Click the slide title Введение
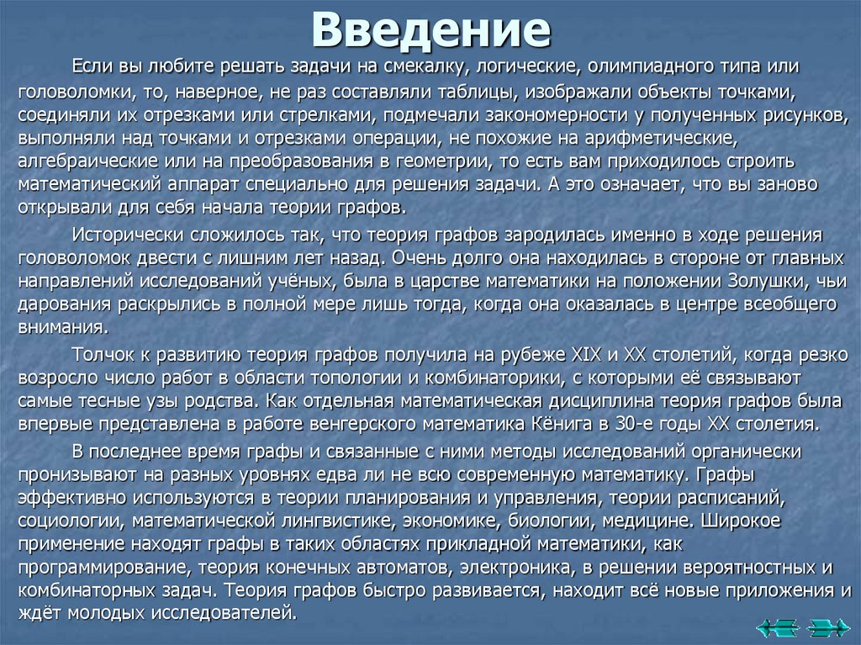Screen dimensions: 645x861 coord(430,29)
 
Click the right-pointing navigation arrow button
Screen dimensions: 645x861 coord(828,626)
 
